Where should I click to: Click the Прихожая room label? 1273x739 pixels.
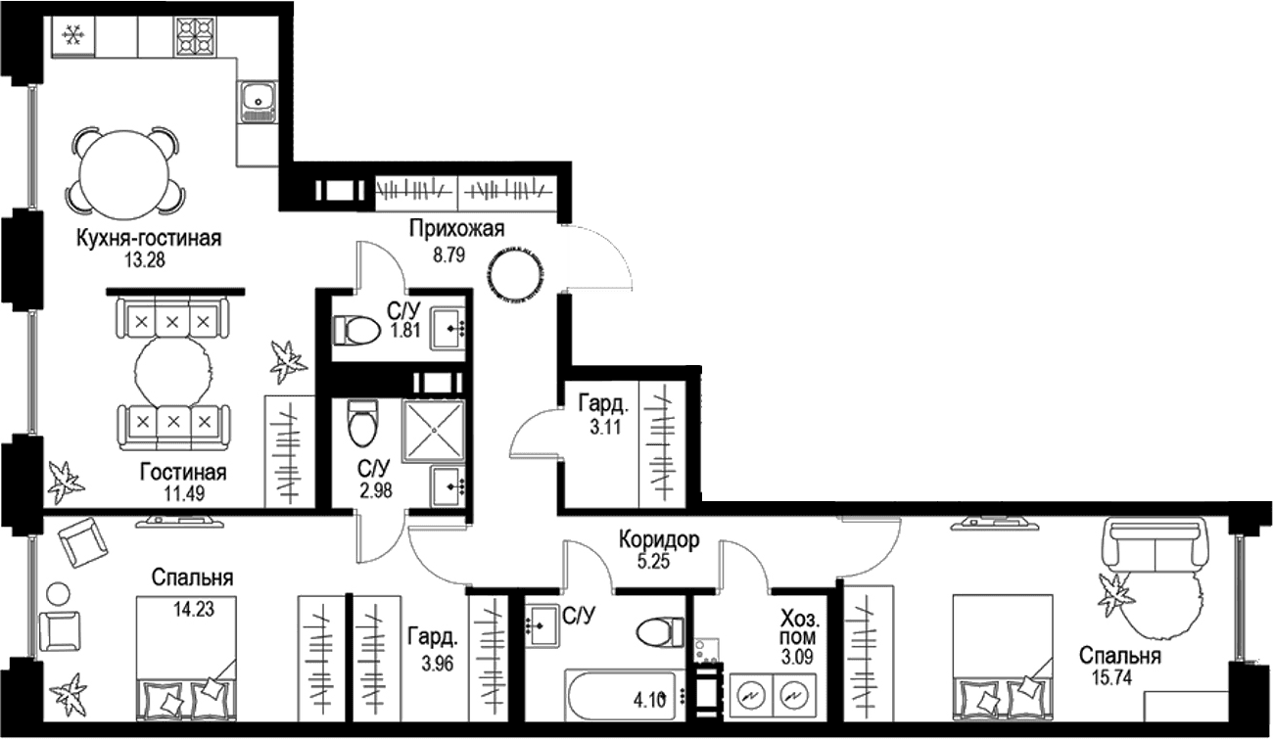457,229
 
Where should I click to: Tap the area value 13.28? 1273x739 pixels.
145,260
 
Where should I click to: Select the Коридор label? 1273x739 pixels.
659,540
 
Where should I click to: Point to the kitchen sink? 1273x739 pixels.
258,102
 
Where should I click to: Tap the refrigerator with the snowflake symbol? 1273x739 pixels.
73,36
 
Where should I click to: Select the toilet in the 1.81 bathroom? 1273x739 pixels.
356,330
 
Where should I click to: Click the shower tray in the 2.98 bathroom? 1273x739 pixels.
433,431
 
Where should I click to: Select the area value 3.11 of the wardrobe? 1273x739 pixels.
605,427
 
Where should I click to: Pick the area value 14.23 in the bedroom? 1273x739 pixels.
194,610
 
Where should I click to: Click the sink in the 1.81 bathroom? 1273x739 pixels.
448,328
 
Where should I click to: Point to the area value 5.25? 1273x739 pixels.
653,562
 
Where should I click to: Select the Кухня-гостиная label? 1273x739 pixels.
149,239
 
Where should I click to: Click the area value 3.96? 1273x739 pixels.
438,664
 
